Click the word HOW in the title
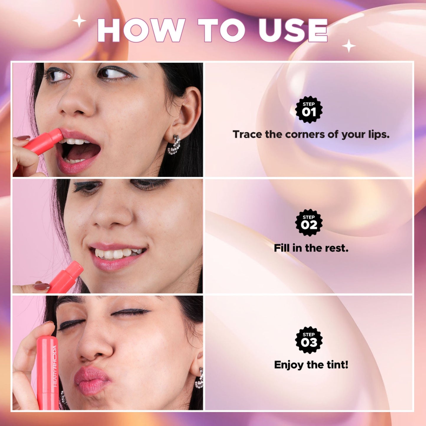141,30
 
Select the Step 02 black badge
309,223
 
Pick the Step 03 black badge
309,340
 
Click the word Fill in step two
281,248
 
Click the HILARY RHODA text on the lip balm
55,366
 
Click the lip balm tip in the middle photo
77,267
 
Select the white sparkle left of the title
79,21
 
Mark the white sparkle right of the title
349,46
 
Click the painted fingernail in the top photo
23,138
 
